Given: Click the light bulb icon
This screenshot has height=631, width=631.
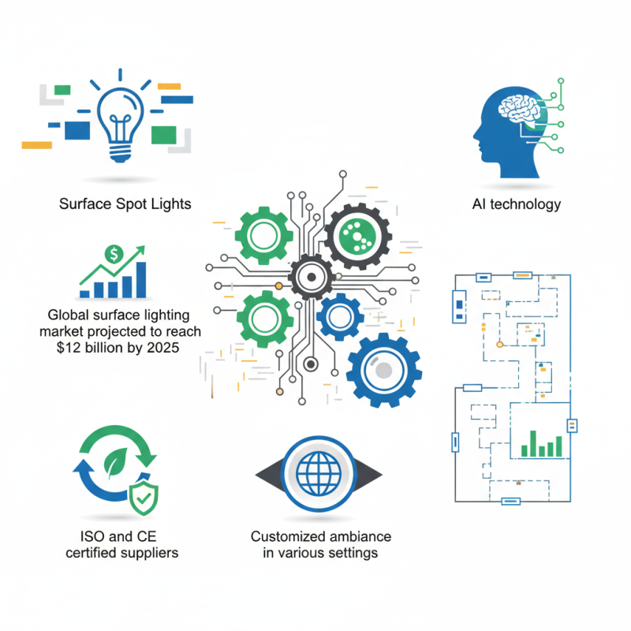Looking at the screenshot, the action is tap(120, 125).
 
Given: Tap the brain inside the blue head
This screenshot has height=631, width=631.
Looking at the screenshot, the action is tap(519, 109).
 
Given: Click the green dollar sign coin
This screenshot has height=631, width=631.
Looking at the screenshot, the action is tap(114, 254).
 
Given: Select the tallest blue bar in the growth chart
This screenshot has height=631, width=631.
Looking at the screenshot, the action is tap(141, 280).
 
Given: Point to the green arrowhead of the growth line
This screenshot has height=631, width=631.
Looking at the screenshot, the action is tap(140, 251).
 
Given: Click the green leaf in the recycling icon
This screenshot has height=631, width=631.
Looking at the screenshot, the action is tap(115, 462).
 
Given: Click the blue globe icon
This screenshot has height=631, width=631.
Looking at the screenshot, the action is tap(319, 474).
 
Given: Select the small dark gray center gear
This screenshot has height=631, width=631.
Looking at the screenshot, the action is tap(311, 278).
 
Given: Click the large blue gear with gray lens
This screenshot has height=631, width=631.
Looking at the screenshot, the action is tap(383, 370).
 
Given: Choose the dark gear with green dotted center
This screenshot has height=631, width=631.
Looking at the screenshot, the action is tap(358, 237).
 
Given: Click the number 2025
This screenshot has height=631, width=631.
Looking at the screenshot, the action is tap(163, 347).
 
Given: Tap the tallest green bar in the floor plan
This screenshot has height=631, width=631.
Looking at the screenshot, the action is tap(533, 443).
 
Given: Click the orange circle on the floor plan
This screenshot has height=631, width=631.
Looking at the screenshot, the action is tap(499, 345).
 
